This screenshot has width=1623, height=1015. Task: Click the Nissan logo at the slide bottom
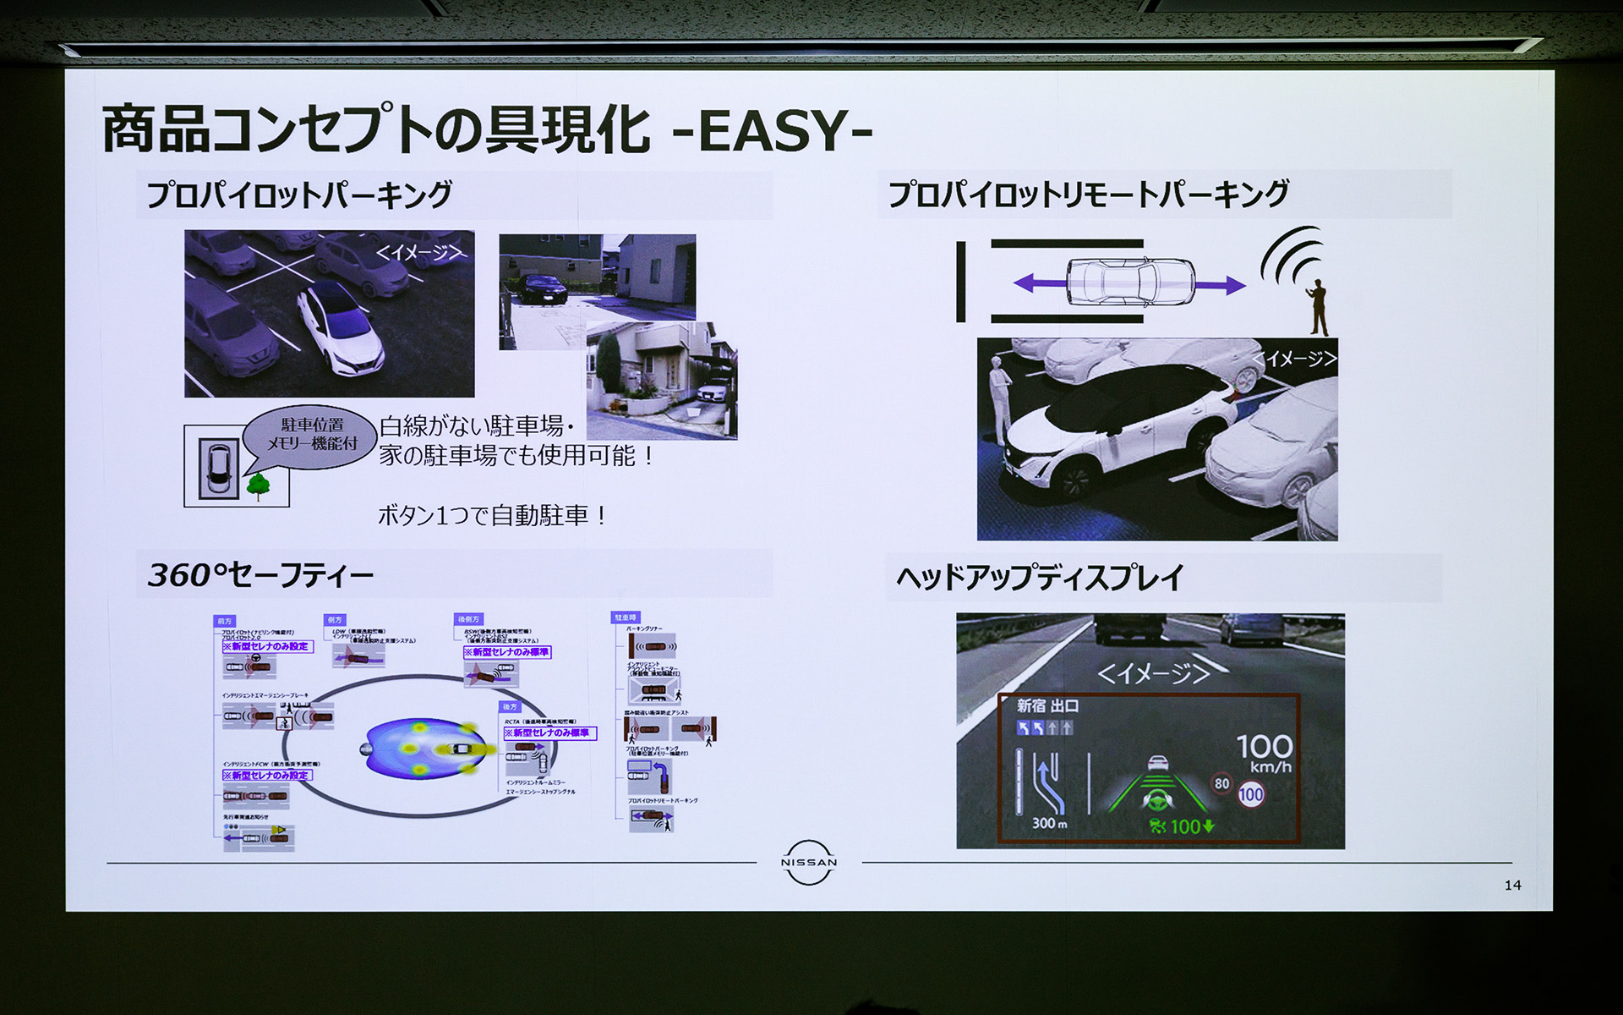tap(808, 863)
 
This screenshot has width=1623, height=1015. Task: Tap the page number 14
tap(1512, 885)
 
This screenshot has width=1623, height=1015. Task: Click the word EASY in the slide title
tap(773, 130)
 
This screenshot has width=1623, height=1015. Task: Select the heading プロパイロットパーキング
tap(299, 195)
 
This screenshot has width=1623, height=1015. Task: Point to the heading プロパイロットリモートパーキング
tap(1088, 194)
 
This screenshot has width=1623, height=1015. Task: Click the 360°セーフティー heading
tap(260, 575)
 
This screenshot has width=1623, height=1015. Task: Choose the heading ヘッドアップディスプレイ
tap(1040, 578)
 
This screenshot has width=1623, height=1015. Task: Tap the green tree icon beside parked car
tap(258, 486)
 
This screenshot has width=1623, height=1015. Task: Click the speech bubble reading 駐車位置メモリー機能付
tap(311, 435)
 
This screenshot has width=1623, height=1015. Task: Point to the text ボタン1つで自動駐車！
tap(493, 515)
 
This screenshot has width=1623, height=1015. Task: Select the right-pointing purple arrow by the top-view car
tap(1221, 285)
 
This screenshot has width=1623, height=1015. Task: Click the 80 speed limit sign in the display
tap(1221, 783)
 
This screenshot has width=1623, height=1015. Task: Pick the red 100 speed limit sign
tap(1251, 794)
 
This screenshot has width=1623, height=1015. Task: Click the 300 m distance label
tap(1049, 823)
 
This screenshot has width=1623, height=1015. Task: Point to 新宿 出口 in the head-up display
tap(1047, 705)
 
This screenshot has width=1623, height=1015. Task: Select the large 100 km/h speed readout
tap(1264, 752)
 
